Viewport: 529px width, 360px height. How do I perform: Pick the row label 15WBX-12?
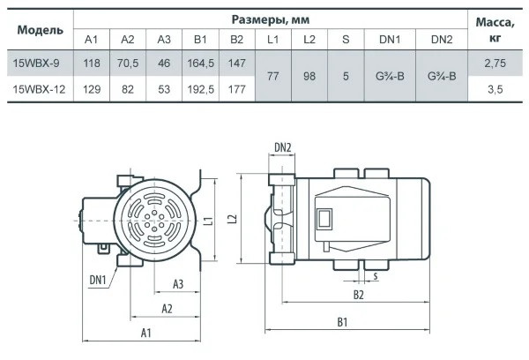pos(40,88)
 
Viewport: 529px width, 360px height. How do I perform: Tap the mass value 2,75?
pos(493,64)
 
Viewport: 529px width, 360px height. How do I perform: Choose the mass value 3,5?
pos(493,88)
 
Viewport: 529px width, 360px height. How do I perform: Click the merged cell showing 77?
pos(272,77)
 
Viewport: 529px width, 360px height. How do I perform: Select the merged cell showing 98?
pos(309,77)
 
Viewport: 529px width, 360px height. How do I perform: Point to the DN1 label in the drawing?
pos(98,280)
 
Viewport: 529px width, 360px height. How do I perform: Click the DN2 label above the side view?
pos(283,146)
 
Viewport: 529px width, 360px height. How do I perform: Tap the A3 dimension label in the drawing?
pos(177,283)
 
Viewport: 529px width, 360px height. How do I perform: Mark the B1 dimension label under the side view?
pos(340,324)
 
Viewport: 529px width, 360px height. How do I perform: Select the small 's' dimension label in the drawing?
pos(376,276)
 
